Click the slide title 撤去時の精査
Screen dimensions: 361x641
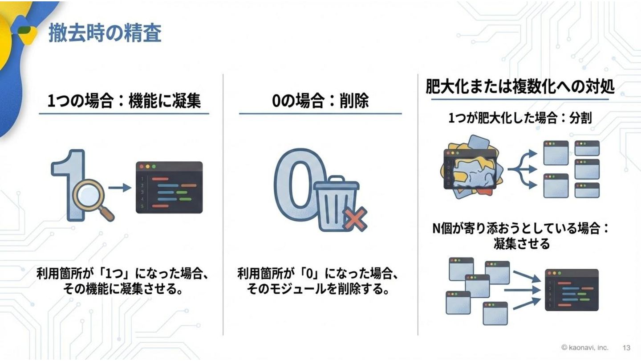click(x=105, y=33)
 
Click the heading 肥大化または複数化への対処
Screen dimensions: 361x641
click(x=520, y=87)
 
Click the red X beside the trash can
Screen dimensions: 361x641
click(x=355, y=220)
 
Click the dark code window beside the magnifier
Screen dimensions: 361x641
click(x=169, y=187)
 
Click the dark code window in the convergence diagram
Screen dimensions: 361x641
click(x=572, y=290)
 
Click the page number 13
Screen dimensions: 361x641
click(x=626, y=348)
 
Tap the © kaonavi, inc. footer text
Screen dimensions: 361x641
click(x=584, y=348)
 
